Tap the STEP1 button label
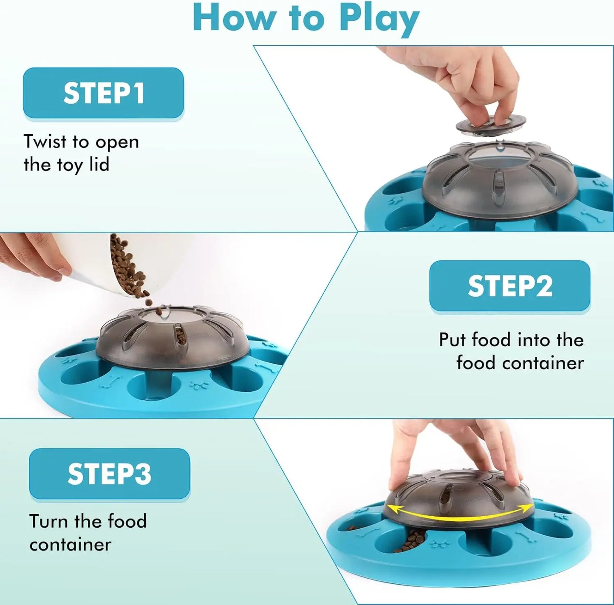[103, 93]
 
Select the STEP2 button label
[510, 286]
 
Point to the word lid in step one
[99, 165]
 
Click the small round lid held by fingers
[490, 124]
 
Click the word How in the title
[236, 18]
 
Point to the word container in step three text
[71, 545]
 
